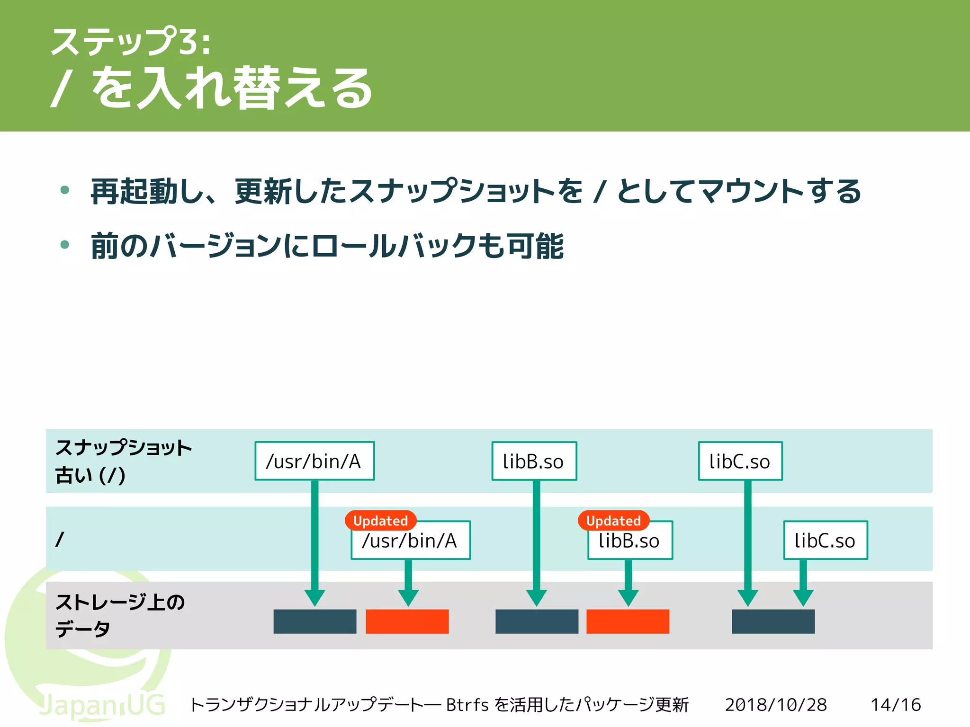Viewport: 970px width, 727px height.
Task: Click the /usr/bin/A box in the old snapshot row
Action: pyautogui.click(x=314, y=461)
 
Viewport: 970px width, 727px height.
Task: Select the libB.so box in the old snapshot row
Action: pyautogui.click(x=534, y=461)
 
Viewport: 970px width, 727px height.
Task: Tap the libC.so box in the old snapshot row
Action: pyautogui.click(x=740, y=461)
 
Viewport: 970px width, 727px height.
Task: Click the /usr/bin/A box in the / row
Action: pyautogui.click(x=410, y=541)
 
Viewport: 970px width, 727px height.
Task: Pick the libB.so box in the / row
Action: pyautogui.click(x=629, y=541)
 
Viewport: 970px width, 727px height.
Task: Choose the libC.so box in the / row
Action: pyautogui.click(x=825, y=541)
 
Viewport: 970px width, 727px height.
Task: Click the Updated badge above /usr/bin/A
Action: pyautogui.click(x=380, y=521)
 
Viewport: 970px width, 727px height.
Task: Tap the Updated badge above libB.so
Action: pyautogui.click(x=613, y=521)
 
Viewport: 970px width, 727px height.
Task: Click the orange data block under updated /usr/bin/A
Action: pyautogui.click(x=407, y=621)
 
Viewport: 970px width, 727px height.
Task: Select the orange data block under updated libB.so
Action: pyautogui.click(x=628, y=621)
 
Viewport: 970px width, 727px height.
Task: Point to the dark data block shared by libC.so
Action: pyautogui.click(x=773, y=621)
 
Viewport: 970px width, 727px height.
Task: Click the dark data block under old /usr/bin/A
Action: pyautogui.click(x=314, y=621)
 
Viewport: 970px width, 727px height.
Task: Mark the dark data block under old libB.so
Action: pyautogui.click(x=537, y=621)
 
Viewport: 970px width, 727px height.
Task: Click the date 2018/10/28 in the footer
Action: pyautogui.click(x=776, y=705)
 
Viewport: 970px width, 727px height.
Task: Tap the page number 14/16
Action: pyautogui.click(x=896, y=705)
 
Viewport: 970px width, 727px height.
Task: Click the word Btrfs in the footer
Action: pyautogui.click(x=467, y=705)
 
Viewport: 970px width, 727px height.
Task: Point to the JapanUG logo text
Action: pyautogui.click(x=102, y=705)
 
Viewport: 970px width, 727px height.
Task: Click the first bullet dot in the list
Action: pyautogui.click(x=65, y=190)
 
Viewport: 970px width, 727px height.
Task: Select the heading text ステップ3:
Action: pyautogui.click(x=130, y=42)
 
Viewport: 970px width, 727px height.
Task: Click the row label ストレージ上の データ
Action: pyautogui.click(x=119, y=615)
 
